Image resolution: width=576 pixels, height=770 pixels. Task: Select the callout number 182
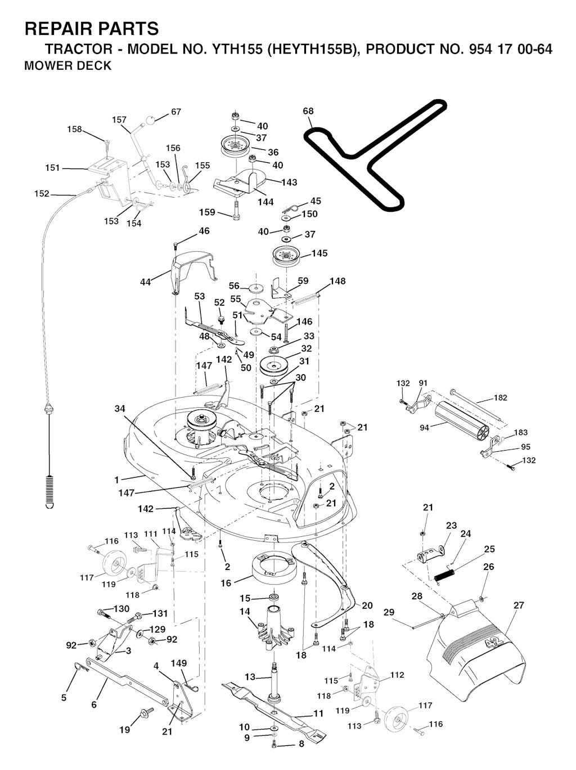pyautogui.click(x=501, y=398)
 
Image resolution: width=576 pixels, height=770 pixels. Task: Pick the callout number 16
pyautogui.click(x=226, y=583)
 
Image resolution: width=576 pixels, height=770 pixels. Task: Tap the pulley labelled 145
pyautogui.click(x=286, y=258)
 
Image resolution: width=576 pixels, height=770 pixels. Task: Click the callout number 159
pyautogui.click(x=208, y=212)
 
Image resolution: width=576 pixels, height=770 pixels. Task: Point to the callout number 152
pyautogui.click(x=42, y=194)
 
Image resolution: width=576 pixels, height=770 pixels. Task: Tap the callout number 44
pyautogui.click(x=145, y=282)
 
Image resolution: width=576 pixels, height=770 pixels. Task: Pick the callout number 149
pyautogui.click(x=179, y=664)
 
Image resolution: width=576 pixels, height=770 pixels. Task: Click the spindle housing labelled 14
pyautogui.click(x=276, y=628)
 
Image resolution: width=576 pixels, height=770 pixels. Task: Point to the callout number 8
pyautogui.click(x=301, y=744)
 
